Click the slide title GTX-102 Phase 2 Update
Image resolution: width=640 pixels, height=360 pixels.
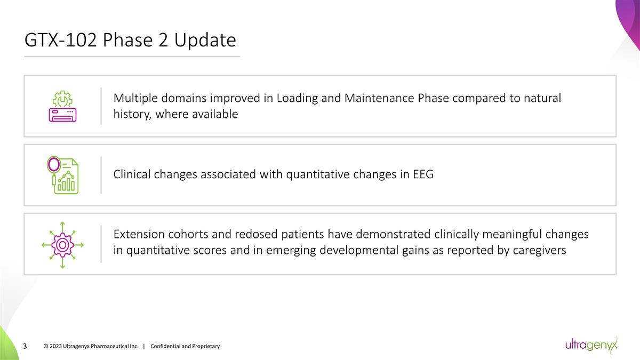click(x=130, y=41)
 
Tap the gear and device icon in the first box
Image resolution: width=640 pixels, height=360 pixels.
click(x=63, y=106)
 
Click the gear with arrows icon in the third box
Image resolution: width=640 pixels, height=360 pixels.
click(x=62, y=244)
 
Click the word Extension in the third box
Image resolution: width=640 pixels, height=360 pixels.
click(x=140, y=235)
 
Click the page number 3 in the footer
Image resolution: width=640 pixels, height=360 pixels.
click(x=25, y=347)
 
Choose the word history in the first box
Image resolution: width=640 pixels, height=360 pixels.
click(x=132, y=114)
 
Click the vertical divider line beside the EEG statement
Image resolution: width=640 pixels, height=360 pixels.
click(x=101, y=174)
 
